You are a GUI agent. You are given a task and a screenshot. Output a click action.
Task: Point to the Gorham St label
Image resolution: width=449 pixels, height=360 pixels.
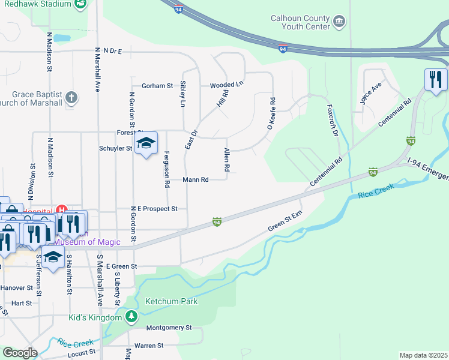coord(157,86)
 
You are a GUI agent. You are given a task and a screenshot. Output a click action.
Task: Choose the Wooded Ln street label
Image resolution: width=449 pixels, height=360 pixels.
coord(226,85)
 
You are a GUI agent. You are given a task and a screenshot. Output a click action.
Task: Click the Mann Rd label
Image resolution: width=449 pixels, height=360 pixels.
coord(195,179)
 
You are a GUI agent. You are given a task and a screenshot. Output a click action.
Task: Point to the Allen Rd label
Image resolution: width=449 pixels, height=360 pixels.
coord(226,160)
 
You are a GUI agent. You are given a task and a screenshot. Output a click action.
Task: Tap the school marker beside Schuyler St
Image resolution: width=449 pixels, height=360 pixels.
coord(145,143)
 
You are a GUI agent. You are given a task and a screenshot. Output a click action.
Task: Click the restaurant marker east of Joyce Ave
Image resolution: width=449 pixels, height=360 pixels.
coord(435,79)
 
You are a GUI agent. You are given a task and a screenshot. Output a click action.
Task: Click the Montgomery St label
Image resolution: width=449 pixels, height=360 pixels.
coord(169,328)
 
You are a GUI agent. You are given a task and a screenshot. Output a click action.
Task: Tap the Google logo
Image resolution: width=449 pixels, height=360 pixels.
coord(20,353)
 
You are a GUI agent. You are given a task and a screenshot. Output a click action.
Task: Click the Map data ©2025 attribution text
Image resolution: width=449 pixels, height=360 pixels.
coord(423,355)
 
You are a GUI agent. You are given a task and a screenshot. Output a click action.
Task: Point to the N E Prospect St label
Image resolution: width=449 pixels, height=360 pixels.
coord(154,209)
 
